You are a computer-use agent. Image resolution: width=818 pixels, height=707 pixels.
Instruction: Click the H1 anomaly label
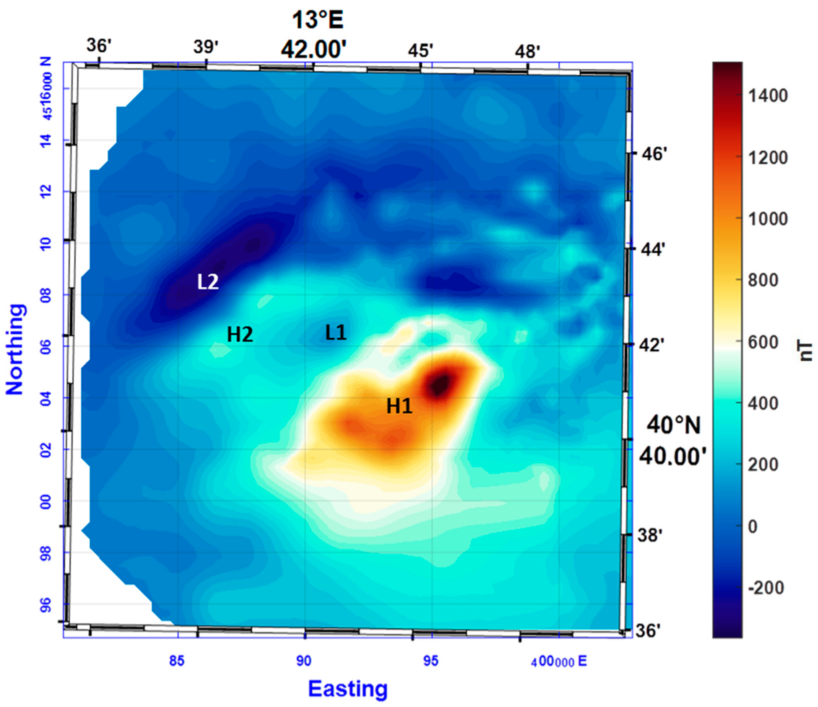click(x=399, y=406)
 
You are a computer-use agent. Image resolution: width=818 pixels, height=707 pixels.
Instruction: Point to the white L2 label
click(x=208, y=282)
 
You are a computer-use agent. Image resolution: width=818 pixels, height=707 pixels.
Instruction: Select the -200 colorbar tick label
click(x=765, y=588)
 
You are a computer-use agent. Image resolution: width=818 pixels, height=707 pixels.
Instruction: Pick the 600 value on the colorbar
click(x=763, y=342)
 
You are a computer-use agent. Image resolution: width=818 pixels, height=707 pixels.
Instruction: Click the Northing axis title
click(x=15, y=349)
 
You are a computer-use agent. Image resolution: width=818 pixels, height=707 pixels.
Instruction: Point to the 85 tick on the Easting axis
click(x=177, y=660)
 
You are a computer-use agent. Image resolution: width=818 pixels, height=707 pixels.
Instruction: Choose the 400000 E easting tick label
click(x=558, y=661)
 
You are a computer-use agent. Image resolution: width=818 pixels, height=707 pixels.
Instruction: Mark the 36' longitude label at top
click(x=97, y=46)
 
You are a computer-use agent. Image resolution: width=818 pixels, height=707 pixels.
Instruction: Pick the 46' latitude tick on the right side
click(x=654, y=154)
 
